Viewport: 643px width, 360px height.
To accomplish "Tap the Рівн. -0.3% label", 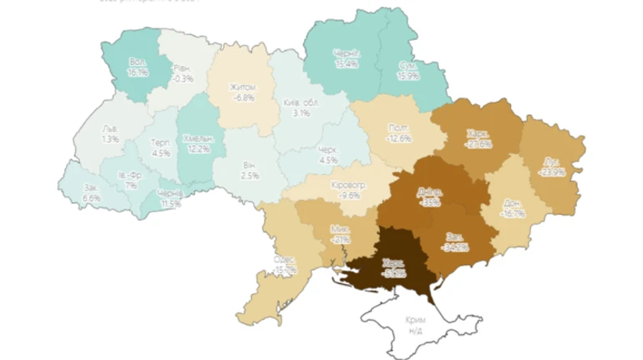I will [x=182, y=73].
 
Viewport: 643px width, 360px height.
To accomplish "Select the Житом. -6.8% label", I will [x=242, y=93].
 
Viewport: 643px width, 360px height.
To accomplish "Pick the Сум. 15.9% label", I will [x=408, y=70].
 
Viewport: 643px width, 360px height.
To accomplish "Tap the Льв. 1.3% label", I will [x=109, y=134].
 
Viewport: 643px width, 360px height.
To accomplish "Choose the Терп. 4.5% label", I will [x=161, y=148].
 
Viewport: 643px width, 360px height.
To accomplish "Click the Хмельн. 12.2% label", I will [x=197, y=143].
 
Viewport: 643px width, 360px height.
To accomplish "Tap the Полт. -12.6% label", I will [x=399, y=133].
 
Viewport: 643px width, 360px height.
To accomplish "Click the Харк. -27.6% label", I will [x=478, y=138].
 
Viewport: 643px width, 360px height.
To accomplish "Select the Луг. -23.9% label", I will [x=551, y=165].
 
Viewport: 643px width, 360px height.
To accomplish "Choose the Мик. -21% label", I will [x=340, y=233].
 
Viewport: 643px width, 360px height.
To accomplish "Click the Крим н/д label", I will [x=415, y=326].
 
